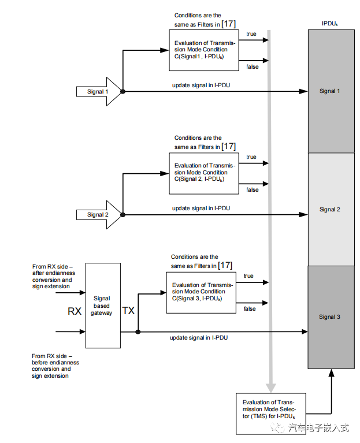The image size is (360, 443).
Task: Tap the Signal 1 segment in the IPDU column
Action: pos(330,91)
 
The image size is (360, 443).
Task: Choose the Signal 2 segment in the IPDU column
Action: pos(330,210)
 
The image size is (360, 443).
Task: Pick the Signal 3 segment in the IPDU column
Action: pos(330,317)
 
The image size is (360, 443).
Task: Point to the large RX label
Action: pos(75,311)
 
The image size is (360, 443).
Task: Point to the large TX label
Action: pos(128,311)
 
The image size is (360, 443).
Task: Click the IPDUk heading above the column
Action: pos(330,24)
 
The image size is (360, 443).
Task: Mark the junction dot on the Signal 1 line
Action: pos(123,91)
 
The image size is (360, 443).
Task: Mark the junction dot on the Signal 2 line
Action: pos(123,215)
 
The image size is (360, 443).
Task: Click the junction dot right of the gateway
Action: pos(138,332)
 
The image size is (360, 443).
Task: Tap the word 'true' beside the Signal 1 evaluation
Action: pos(251,33)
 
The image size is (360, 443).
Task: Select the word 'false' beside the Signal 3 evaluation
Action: pos(250,309)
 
